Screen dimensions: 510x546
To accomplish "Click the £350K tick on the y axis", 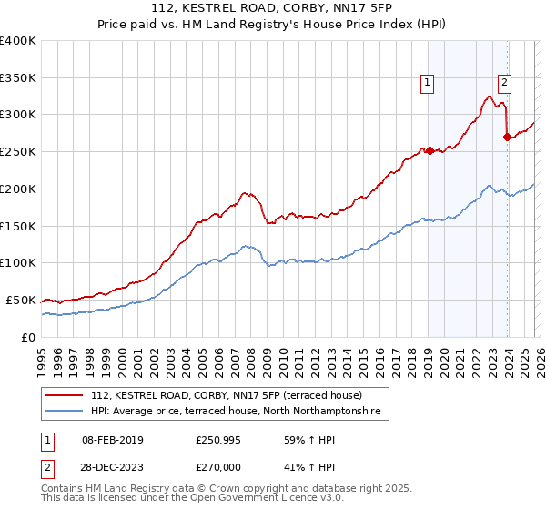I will pos(18,78).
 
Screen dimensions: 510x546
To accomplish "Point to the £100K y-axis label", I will pos(18,263).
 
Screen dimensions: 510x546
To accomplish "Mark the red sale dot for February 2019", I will pos(429,151).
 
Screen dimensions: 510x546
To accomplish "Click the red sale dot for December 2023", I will pos(507,137).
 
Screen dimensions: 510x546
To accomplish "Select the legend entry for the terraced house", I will pos(227,396).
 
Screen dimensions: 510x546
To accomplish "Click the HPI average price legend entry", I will pos(239,413).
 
